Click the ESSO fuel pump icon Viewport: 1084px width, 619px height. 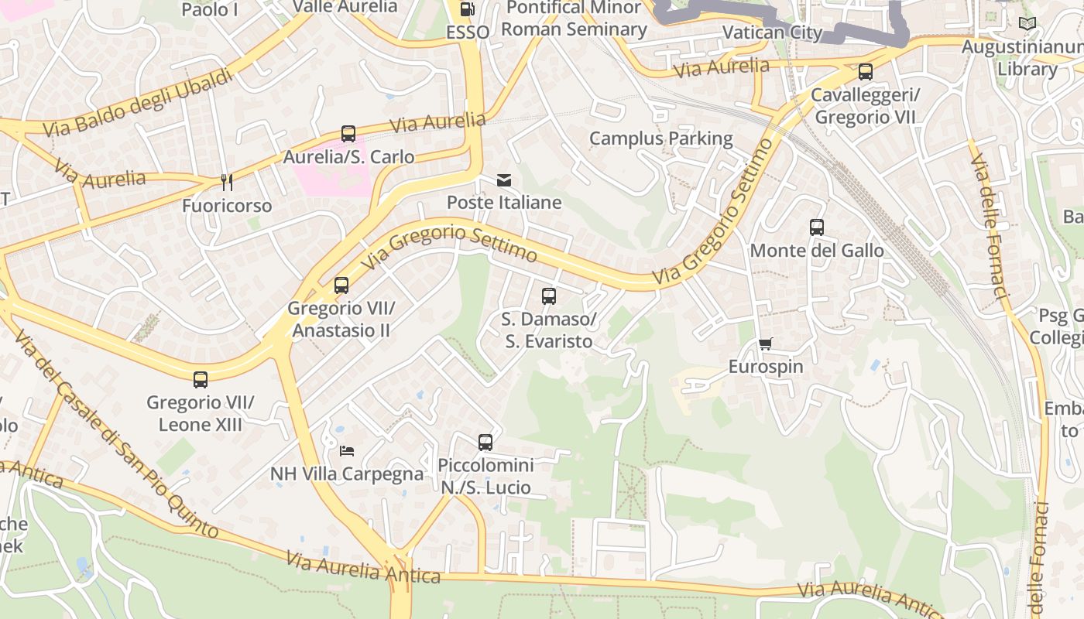(468, 9)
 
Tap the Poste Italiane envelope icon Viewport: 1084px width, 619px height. (504, 180)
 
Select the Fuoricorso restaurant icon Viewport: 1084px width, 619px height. (227, 183)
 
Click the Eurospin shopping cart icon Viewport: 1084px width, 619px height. (766, 344)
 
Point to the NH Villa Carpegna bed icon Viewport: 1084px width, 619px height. (347, 450)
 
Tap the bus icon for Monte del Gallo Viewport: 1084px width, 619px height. (817, 227)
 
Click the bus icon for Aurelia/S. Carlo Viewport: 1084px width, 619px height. (348, 134)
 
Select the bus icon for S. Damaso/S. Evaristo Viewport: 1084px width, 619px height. (549, 296)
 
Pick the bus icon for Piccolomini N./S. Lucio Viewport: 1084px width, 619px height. (485, 443)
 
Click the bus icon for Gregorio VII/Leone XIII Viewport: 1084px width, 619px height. (201, 380)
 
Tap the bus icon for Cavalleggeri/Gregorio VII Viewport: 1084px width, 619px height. (866, 72)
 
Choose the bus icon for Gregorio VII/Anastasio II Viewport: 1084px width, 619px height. (341, 286)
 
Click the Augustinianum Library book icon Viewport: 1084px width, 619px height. (1027, 24)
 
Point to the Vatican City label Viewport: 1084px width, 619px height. (771, 32)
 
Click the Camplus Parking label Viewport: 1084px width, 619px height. (660, 139)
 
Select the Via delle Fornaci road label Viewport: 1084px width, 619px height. (990, 224)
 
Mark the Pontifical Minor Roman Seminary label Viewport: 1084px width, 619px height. (573, 19)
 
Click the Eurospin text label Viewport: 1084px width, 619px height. (766, 367)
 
